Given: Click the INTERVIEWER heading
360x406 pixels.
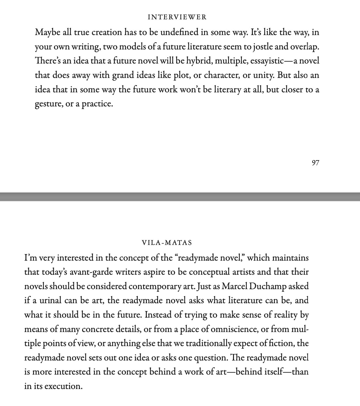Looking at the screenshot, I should pos(177,17).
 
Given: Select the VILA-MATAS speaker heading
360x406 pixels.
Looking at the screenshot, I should pos(167,243).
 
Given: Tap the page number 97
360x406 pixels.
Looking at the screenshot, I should pos(315,163).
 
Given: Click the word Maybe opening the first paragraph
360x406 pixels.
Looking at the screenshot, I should pos(47,32).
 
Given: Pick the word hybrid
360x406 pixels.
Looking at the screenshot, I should pos(199,61).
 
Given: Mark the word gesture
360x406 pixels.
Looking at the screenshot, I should pos(48,104).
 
